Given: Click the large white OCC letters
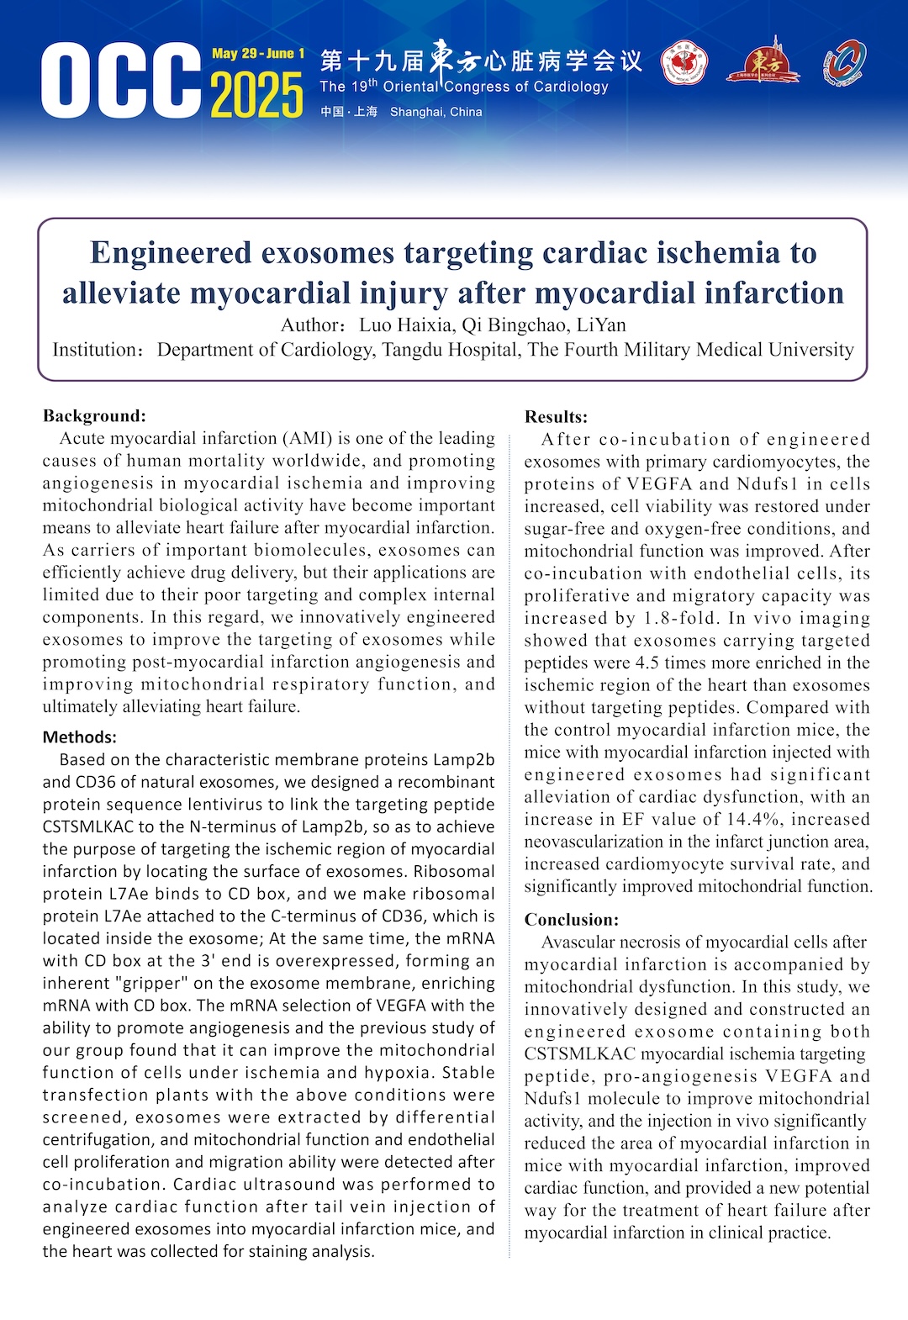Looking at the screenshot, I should (120, 81).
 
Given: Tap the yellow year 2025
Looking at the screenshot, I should (256, 95).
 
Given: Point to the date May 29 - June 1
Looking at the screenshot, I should (258, 54).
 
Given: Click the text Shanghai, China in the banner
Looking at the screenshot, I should (436, 112).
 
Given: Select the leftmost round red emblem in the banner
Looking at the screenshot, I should (684, 64).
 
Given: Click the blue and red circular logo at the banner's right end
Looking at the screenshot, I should (844, 63).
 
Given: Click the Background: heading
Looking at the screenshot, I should (94, 415).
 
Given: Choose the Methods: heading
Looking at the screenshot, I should (80, 737).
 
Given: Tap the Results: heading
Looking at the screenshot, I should (556, 416).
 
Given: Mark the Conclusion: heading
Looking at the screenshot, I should (571, 920).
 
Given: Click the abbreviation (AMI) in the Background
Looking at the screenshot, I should (309, 438).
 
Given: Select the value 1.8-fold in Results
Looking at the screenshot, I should (678, 618).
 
